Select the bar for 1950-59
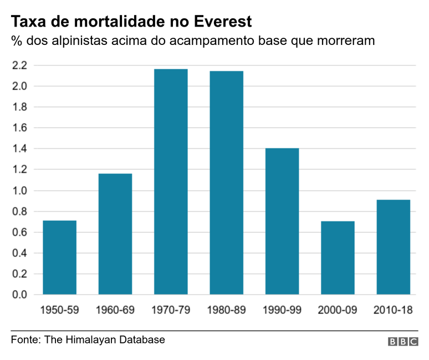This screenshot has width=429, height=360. (x=59, y=257)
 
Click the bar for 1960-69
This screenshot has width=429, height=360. (x=115, y=234)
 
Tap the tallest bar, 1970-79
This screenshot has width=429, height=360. (x=171, y=181)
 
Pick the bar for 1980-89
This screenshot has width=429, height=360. (x=226, y=182)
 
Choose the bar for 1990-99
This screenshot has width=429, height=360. (x=282, y=221)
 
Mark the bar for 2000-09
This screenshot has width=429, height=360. (x=338, y=257)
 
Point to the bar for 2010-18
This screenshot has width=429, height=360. (x=394, y=247)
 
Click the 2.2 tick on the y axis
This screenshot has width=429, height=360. (x=19, y=65)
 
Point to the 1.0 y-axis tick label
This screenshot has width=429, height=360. (x=19, y=191)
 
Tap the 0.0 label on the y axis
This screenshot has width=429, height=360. (x=19, y=295)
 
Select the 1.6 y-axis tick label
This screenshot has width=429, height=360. (x=19, y=128)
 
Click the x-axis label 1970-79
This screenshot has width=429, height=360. (x=171, y=310)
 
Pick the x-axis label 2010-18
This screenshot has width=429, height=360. (x=394, y=310)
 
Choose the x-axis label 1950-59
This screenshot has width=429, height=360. (x=59, y=310)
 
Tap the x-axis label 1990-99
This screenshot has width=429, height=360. (x=282, y=310)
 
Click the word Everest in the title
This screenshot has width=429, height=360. (x=224, y=22)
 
